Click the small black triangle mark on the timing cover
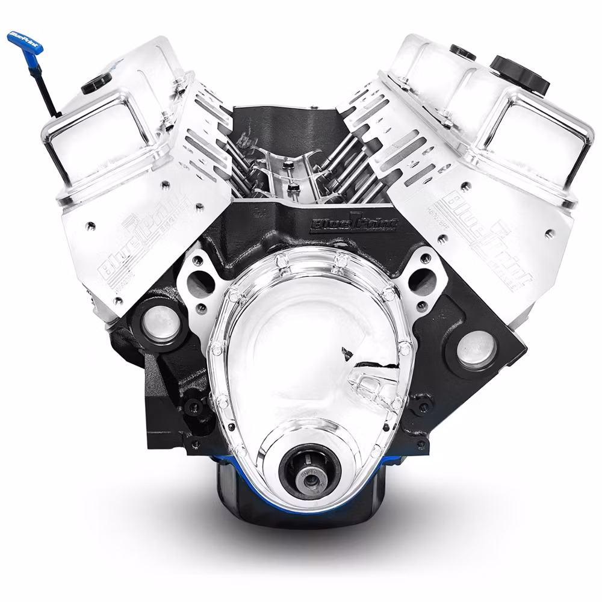346,352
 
